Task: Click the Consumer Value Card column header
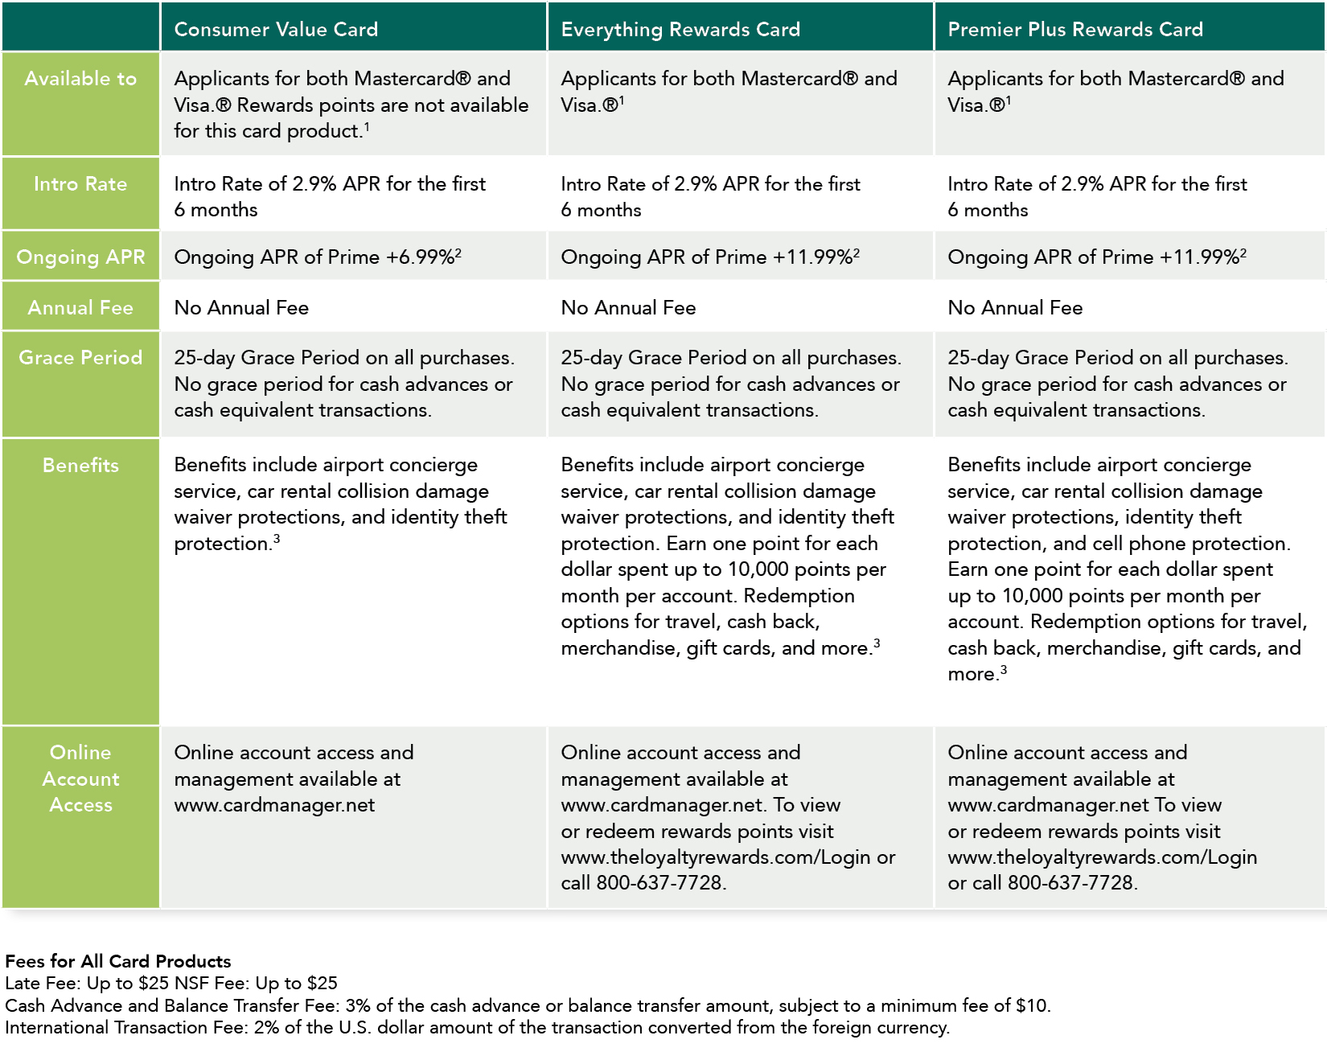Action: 276,30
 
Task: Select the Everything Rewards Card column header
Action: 680,30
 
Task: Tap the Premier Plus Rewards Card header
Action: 1075,30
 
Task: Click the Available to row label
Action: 80,79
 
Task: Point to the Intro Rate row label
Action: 80,184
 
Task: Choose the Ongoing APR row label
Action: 80,257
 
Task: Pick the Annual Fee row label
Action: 80,308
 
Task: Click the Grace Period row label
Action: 80,358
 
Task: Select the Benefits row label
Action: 80,466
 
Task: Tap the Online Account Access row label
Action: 80,779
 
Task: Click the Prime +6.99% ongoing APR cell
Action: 318,257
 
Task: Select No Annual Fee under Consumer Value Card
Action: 241,308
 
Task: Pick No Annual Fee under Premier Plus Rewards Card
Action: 1015,308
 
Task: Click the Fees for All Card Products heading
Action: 118,961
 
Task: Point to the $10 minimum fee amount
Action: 1032,1006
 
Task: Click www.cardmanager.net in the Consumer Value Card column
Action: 274,805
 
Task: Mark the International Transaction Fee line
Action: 477,1028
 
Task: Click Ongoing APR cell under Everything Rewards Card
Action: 710,257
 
